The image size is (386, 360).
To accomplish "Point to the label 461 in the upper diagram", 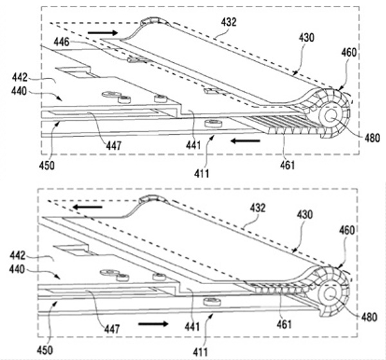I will pos(288,166).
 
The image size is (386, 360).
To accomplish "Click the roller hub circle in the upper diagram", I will pos(333,117).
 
